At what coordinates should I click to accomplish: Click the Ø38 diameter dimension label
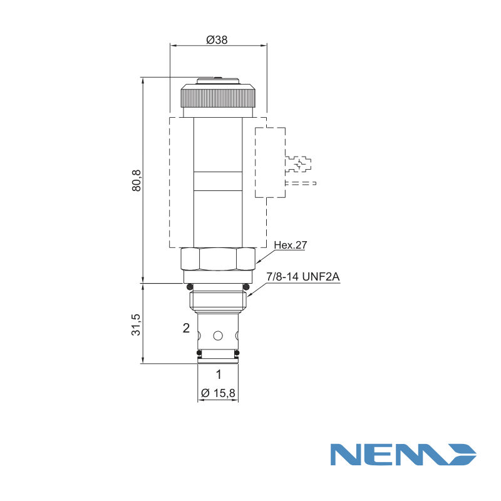click(217, 40)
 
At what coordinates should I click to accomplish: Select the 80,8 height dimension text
click(137, 180)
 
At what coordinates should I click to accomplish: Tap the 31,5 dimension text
click(136, 324)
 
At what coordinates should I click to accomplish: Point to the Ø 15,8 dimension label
click(218, 393)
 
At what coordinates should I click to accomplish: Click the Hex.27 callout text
click(291, 245)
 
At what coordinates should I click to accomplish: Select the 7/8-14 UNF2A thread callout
click(303, 276)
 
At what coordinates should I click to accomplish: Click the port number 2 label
click(186, 328)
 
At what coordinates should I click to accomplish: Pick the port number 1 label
click(219, 374)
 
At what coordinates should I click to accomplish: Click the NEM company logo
click(403, 455)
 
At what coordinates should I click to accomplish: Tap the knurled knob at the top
click(218, 96)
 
